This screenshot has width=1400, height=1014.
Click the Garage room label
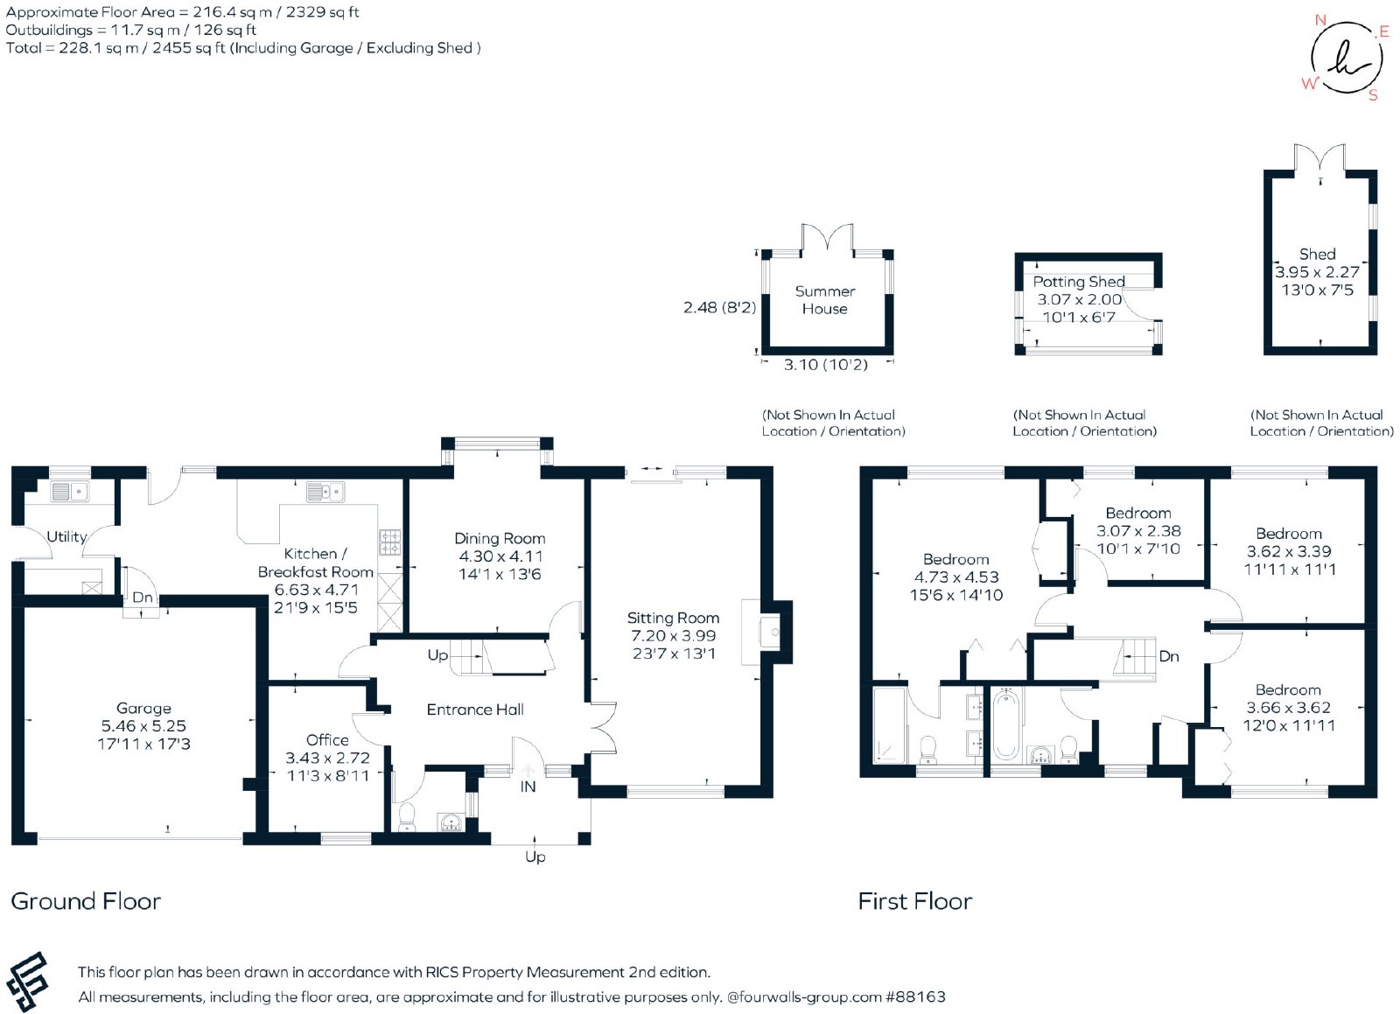click(143, 708)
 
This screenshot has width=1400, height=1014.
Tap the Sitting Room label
click(673, 618)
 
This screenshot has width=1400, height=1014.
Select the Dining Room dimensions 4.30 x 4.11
click(500, 556)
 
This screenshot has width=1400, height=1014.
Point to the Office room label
click(327, 740)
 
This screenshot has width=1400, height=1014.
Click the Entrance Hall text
click(475, 710)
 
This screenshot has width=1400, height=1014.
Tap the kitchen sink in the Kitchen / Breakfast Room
click(325, 492)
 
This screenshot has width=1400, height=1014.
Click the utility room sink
click(70, 492)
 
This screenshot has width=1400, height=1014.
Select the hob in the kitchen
click(390, 542)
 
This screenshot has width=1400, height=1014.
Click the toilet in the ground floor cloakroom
click(407, 817)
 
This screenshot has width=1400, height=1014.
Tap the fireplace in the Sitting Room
click(766, 633)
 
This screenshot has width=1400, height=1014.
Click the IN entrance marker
click(528, 787)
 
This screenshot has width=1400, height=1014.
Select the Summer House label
click(825, 300)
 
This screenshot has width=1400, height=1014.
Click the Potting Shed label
click(1079, 282)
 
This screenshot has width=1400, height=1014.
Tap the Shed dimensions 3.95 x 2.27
click(1317, 272)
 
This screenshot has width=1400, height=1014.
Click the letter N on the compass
click(1320, 20)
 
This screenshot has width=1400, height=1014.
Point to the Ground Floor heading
click(87, 901)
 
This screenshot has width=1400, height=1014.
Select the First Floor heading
click(915, 901)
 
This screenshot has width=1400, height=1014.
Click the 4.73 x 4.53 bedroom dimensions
click(956, 577)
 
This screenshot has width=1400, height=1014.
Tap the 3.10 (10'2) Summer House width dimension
click(826, 365)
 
